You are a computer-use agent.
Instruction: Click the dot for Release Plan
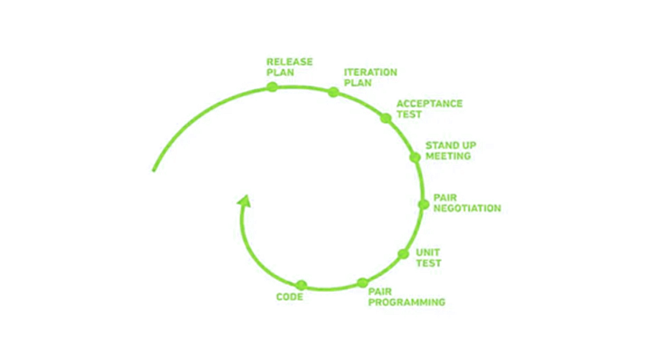273,87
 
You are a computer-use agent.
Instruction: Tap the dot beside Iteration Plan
333,92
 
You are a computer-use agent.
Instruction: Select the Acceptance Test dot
385,118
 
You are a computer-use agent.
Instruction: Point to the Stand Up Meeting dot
415,157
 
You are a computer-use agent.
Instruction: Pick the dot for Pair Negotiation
423,204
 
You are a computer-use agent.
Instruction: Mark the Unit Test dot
403,254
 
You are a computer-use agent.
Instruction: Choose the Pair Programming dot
362,283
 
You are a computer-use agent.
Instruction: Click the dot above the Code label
301,285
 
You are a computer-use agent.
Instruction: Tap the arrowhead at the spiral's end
245,201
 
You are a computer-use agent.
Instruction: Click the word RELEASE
290,62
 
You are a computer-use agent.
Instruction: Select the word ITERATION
370,72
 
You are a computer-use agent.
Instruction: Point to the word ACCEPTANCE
430,103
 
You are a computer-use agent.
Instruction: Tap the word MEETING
448,156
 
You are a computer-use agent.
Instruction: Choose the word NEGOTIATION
467,208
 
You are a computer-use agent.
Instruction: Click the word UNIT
428,252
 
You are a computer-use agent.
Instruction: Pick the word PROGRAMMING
407,302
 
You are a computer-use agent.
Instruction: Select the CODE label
290,297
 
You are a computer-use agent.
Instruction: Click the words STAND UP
451,146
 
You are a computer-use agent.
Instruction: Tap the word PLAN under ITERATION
358,82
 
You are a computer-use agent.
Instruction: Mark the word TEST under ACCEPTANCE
409,115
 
